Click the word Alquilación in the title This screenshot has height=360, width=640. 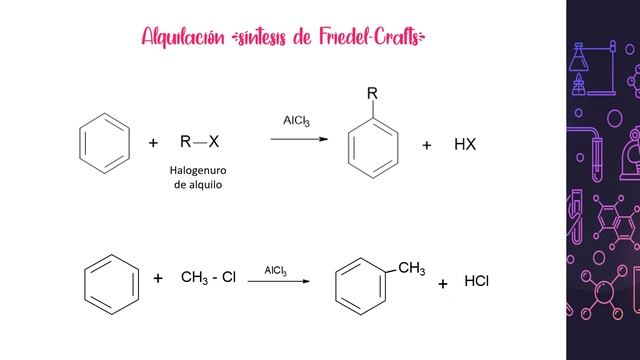tap(183, 38)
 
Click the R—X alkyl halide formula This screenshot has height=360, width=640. tap(200, 142)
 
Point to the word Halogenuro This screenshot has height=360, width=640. tap(198, 170)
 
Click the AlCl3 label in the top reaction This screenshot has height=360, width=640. tap(296, 121)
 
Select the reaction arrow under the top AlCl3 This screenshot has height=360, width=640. tap(299, 139)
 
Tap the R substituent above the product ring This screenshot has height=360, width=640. tap(372, 93)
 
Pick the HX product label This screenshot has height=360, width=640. tap(465, 144)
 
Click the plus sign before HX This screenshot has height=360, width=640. tap(427, 145)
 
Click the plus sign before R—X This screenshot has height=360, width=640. tap(153, 143)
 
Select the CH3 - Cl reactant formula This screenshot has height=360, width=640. tap(208, 277)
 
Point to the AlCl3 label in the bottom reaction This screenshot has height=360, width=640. tap(276, 271)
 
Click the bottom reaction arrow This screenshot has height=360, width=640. tap(279, 281)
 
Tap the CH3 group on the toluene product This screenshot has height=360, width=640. tap(411, 268)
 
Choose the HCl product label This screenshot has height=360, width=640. tap(476, 281)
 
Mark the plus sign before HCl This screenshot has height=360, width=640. tap(443, 284)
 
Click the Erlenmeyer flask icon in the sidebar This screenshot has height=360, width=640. tap(578, 57)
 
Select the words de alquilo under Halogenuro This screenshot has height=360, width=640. tap(198, 185)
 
